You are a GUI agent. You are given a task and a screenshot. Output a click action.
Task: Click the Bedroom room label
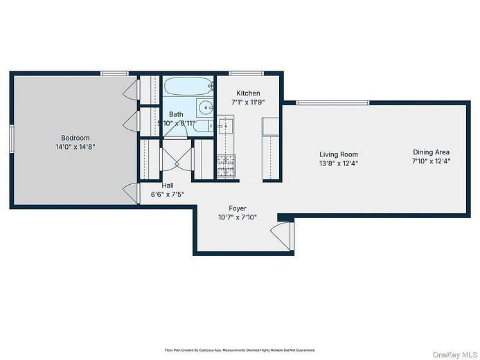pyautogui.click(x=73, y=137)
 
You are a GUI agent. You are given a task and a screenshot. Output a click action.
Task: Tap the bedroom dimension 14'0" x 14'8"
pyautogui.click(x=73, y=147)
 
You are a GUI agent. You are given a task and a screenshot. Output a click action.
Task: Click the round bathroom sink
pyautogui.click(x=206, y=107)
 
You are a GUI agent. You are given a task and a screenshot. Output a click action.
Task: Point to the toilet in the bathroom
pyautogui.click(x=202, y=126)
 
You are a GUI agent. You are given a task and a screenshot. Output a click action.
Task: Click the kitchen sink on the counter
pyautogui.click(x=226, y=125)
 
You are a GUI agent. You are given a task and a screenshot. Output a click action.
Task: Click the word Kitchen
pyautogui.click(x=248, y=93)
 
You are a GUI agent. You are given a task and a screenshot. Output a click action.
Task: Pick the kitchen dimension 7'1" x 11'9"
pyautogui.click(x=248, y=102)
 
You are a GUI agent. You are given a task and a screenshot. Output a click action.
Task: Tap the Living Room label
pyautogui.click(x=339, y=154)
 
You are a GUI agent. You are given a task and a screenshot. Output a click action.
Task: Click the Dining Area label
pyautogui.click(x=432, y=152)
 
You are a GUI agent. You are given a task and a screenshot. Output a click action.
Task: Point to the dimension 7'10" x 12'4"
pyautogui.click(x=432, y=161)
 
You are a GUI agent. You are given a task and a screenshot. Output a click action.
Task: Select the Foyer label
pyautogui.click(x=238, y=208)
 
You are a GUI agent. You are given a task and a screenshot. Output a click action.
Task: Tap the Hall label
pyautogui.click(x=168, y=186)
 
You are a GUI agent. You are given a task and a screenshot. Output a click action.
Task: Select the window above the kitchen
pyautogui.click(x=241, y=73)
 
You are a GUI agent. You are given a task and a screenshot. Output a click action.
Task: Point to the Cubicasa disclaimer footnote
pyautogui.click(x=240, y=350)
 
